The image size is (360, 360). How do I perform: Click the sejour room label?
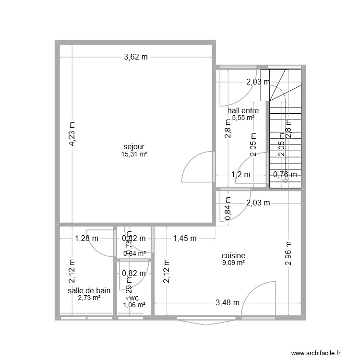pos(134,147)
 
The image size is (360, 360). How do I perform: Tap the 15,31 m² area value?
pos(134,155)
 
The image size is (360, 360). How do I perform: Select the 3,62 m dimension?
pos(136,57)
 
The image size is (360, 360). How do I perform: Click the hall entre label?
pos(243,111)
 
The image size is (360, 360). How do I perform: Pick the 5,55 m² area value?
pos(243,118)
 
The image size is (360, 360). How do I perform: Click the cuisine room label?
pos(234,256)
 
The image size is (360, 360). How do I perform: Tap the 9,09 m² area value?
pos(234,263)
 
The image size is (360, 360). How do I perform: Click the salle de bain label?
pos(89,290)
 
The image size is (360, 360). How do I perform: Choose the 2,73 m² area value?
pos(89,298)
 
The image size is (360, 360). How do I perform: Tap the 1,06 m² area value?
pos(134,304)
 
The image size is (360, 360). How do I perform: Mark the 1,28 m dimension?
pos(86,238)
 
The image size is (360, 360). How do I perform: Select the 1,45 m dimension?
pos(185,238)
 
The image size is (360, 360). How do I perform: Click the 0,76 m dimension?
pos(285,175)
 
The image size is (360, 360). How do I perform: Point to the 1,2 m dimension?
pos(241,175)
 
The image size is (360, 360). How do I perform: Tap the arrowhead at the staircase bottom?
pos(286,181)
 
